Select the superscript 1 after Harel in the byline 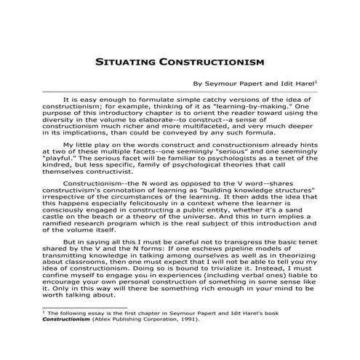(314, 81)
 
